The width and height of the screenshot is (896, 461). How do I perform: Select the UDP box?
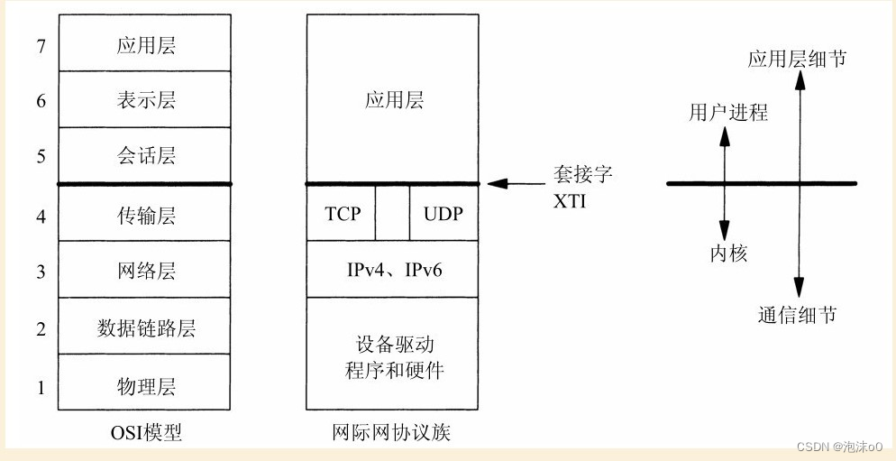pos(443,214)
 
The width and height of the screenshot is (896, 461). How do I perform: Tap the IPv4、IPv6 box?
pos(391,270)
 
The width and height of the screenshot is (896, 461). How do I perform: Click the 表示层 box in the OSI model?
pos(145,99)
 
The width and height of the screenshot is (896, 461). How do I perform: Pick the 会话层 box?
pos(145,156)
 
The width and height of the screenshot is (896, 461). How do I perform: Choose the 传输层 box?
pos(145,214)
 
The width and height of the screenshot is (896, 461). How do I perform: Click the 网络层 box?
pos(145,271)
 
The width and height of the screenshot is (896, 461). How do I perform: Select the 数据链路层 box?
pos(145,327)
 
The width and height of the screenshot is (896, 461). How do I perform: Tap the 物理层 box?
pos(145,387)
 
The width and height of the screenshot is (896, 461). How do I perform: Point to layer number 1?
pos(40,388)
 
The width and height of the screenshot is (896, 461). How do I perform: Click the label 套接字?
pos(582,174)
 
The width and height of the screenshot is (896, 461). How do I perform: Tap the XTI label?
pos(570,200)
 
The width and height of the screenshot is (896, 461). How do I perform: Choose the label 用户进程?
pos(728,113)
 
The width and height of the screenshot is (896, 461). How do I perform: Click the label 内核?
pos(728,254)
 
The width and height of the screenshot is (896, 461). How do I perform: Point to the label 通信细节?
pos(797,315)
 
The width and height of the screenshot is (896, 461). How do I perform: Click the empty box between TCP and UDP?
pos(392,214)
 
